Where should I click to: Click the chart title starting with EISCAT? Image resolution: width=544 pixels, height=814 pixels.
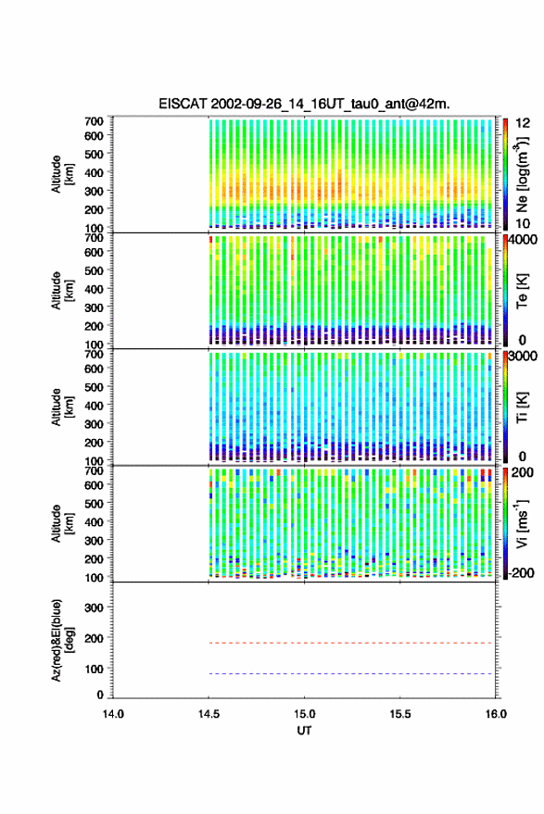point(304,104)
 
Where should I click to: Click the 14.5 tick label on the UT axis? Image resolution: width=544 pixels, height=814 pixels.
point(209,714)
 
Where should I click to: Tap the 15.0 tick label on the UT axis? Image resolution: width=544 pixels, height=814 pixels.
point(305,714)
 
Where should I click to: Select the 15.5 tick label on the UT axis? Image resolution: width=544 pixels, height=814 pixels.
point(400,714)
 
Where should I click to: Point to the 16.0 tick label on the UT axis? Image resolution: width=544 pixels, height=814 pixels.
point(496,714)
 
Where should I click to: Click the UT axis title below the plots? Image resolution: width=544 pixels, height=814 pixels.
point(305,731)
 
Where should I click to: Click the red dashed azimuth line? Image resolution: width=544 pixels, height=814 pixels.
point(350,643)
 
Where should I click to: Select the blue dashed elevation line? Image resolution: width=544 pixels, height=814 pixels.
point(350,673)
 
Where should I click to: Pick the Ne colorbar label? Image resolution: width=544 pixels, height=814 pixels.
point(522,175)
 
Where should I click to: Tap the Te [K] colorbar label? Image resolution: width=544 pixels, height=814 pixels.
point(522,291)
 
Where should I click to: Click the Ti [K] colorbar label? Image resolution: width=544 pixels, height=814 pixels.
point(522,407)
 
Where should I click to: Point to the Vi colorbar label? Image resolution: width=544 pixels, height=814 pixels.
point(522,523)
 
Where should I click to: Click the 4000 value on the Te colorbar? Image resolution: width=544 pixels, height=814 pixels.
point(523,241)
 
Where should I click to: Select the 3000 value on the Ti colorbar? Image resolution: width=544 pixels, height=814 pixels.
point(523,357)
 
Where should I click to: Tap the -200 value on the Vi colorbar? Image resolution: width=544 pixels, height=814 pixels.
point(521,573)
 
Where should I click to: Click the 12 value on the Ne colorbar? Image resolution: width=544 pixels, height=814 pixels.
point(523,123)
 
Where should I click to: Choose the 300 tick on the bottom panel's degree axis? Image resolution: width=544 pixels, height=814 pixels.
point(94,607)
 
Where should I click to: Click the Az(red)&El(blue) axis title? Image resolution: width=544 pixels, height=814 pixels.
point(62,640)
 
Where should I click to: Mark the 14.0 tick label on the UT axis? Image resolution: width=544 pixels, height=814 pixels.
point(113,714)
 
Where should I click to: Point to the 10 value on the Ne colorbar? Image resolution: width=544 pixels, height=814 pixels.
point(523,224)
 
